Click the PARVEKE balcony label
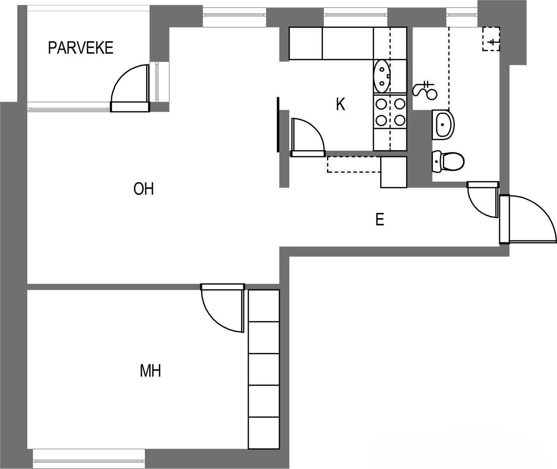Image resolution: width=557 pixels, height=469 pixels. (x=80, y=48)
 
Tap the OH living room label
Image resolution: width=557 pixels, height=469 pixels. (x=144, y=189)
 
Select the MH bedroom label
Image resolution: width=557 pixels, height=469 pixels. (x=150, y=371)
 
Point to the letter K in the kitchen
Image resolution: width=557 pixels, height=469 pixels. (x=341, y=104)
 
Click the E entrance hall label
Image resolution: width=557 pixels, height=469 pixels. (x=380, y=220)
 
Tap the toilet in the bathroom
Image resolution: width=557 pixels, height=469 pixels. (x=448, y=161)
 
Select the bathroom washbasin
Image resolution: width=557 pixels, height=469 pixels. (x=443, y=125)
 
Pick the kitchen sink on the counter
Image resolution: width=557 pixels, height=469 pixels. (x=382, y=76)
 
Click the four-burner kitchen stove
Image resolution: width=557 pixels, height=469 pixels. (x=390, y=112)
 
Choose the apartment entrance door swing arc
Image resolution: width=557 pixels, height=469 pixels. (x=544, y=211)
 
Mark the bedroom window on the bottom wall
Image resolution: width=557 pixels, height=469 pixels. (x=89, y=458)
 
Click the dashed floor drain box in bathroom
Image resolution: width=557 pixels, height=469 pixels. (x=491, y=39)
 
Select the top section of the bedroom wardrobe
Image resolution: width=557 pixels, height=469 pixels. (x=264, y=306)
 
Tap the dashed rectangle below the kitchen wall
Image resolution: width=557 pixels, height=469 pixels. (x=354, y=165)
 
